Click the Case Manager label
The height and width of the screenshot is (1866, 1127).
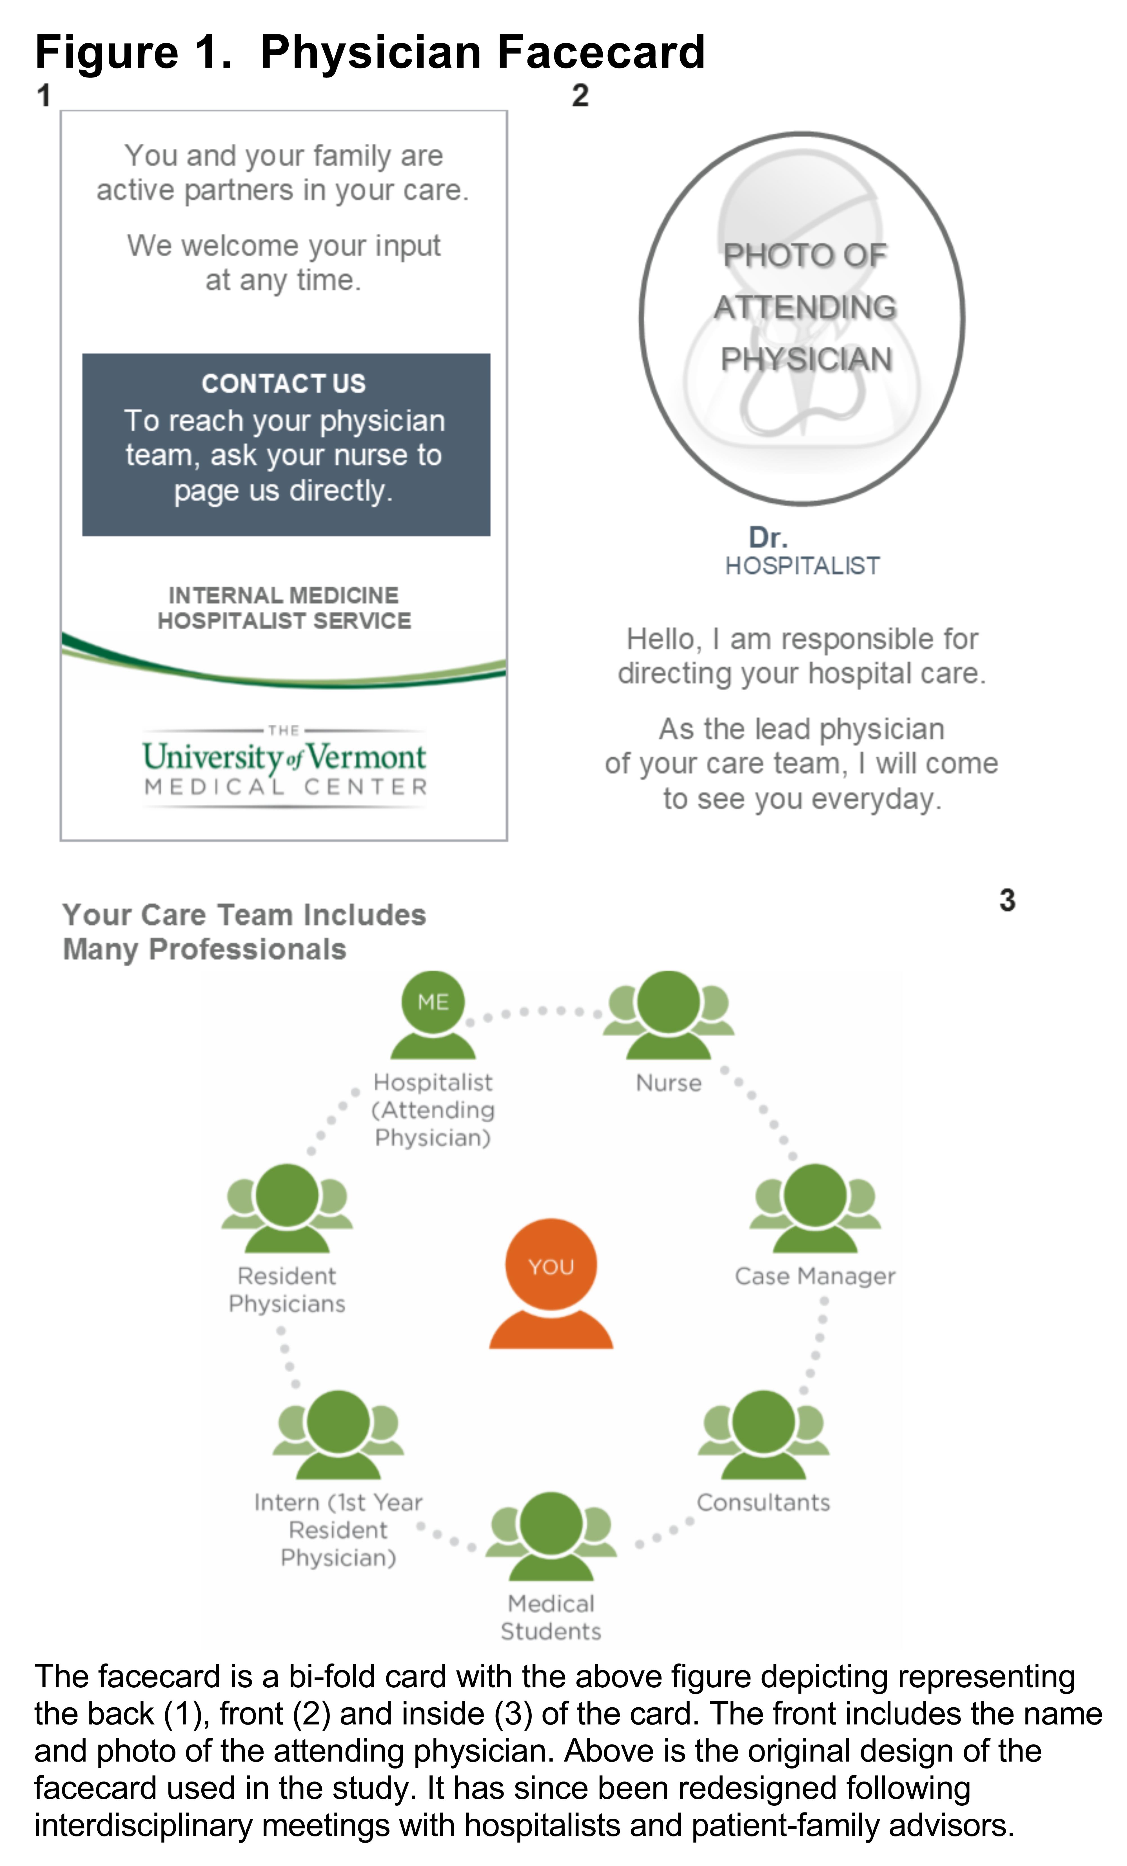click(x=814, y=1276)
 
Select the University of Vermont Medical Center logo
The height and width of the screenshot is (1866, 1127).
click(x=285, y=765)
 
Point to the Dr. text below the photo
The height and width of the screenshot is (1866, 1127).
click(x=767, y=538)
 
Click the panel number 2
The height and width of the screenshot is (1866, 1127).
click(x=580, y=96)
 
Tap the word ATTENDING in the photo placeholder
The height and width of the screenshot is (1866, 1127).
click(x=805, y=307)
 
